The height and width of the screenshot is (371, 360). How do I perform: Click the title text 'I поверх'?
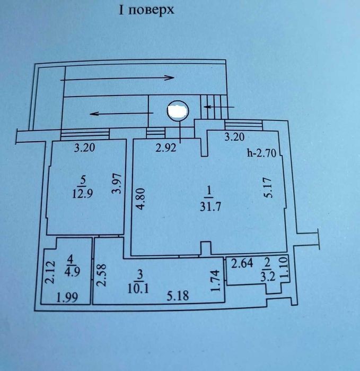146,11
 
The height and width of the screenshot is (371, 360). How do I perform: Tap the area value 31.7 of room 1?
210,207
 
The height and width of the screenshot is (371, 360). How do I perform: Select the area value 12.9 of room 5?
82,194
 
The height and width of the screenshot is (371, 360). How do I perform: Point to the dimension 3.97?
117,184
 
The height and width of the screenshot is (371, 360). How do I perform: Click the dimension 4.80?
141,199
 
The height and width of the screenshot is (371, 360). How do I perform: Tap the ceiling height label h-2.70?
262,153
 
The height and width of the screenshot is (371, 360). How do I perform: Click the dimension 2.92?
166,148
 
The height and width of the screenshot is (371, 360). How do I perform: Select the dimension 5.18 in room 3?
178,296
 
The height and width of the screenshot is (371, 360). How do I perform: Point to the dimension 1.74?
216,281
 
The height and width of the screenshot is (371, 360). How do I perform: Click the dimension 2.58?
102,275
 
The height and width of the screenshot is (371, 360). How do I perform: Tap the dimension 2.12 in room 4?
50,272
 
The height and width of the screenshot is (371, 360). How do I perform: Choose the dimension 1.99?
67,297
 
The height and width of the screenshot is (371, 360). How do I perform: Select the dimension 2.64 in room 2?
242,263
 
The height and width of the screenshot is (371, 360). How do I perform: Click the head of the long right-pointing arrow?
170,77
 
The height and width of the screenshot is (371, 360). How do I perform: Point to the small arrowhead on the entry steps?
207,107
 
